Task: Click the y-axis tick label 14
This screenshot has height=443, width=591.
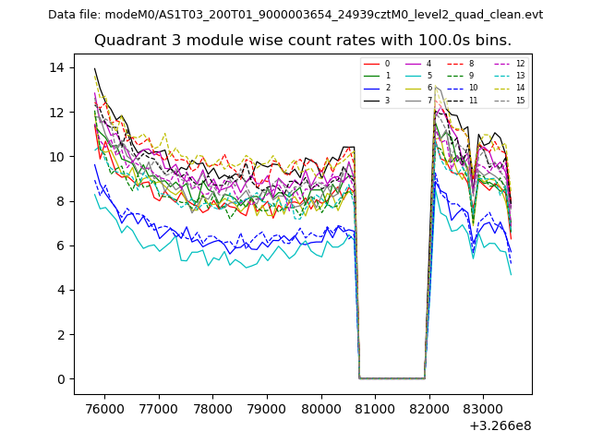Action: (x=56, y=67)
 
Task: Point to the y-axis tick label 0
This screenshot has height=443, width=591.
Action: (x=60, y=378)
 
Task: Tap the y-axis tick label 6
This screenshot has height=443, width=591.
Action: (x=60, y=245)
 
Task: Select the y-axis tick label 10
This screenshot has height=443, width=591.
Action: (x=56, y=156)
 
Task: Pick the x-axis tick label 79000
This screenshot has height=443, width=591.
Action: (x=268, y=407)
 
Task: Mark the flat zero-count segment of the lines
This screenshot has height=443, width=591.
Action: (x=392, y=377)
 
